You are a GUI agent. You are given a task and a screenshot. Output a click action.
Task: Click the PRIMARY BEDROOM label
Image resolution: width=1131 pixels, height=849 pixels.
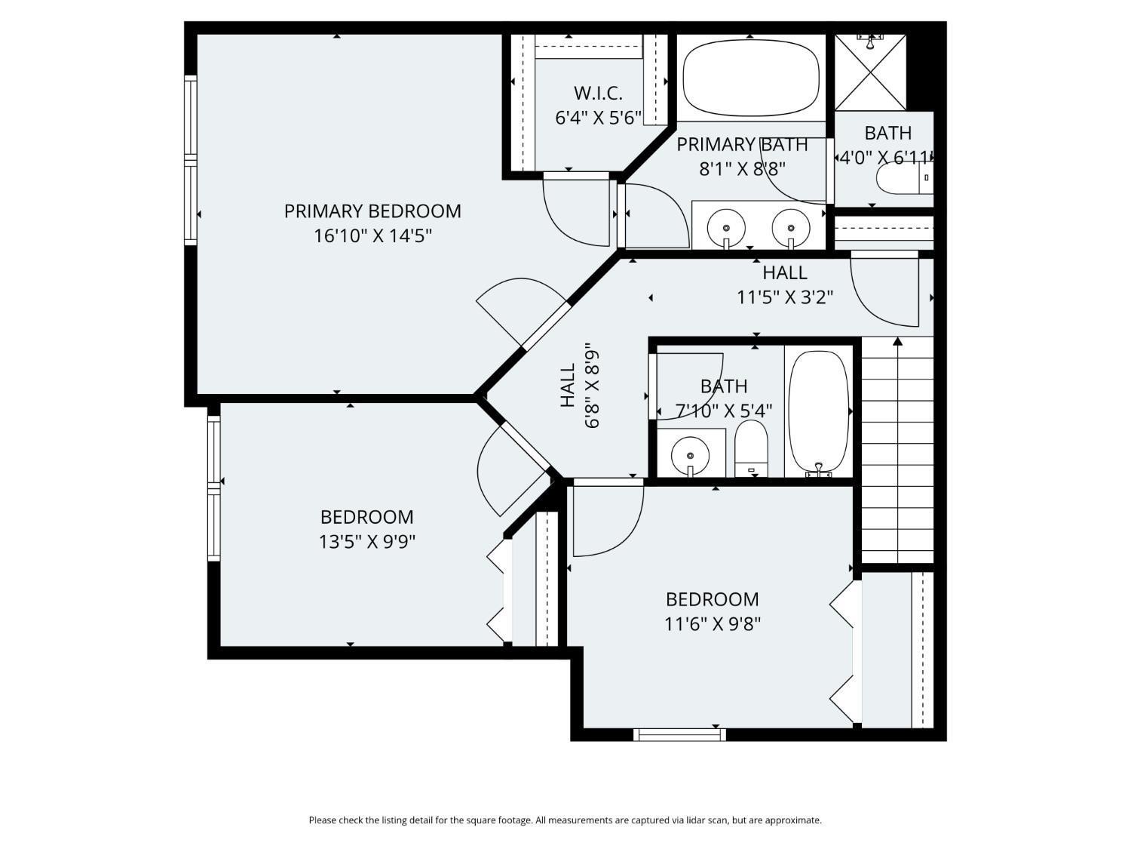click(x=372, y=211)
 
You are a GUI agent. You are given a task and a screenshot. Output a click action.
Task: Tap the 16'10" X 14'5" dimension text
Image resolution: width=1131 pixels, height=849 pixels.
click(x=372, y=236)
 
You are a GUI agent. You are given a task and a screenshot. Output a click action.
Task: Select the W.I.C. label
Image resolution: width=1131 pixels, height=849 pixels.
click(x=598, y=94)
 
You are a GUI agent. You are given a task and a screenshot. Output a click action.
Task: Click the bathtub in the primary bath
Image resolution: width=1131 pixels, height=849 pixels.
click(x=750, y=78)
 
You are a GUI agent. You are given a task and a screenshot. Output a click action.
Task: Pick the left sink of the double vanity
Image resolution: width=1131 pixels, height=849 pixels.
click(x=726, y=226)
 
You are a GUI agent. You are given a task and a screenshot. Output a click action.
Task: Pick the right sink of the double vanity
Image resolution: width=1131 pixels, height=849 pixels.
click(x=790, y=226)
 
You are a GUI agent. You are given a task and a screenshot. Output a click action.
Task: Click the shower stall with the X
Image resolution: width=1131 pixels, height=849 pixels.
click(x=870, y=73)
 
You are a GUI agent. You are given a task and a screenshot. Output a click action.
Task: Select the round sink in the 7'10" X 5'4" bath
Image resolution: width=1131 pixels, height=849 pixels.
click(x=690, y=454)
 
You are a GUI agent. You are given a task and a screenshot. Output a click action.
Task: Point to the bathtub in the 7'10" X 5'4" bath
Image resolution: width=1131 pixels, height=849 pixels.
click(x=818, y=411)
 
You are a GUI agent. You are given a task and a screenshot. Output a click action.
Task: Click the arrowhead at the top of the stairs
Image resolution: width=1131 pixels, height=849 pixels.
click(x=897, y=342)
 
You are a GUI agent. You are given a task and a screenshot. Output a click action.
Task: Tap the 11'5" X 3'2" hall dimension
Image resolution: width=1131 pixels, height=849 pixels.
click(x=784, y=297)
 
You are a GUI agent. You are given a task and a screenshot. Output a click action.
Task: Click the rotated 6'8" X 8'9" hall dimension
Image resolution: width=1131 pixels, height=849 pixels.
click(x=592, y=386)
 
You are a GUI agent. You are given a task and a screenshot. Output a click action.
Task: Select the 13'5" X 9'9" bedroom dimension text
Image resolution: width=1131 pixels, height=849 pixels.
click(x=367, y=542)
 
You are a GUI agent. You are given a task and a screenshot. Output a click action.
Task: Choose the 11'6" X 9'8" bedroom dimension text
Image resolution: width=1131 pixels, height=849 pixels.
click(x=712, y=624)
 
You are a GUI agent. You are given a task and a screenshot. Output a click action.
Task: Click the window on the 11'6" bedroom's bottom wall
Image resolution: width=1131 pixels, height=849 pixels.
click(x=679, y=734)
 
